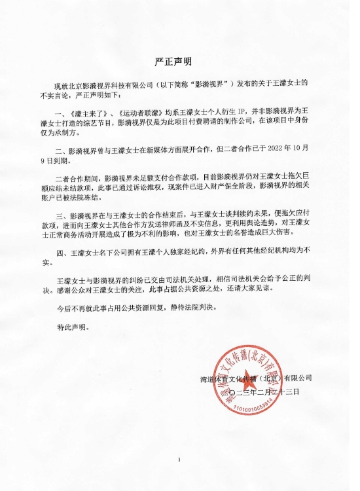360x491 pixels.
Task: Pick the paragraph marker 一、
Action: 63,115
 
